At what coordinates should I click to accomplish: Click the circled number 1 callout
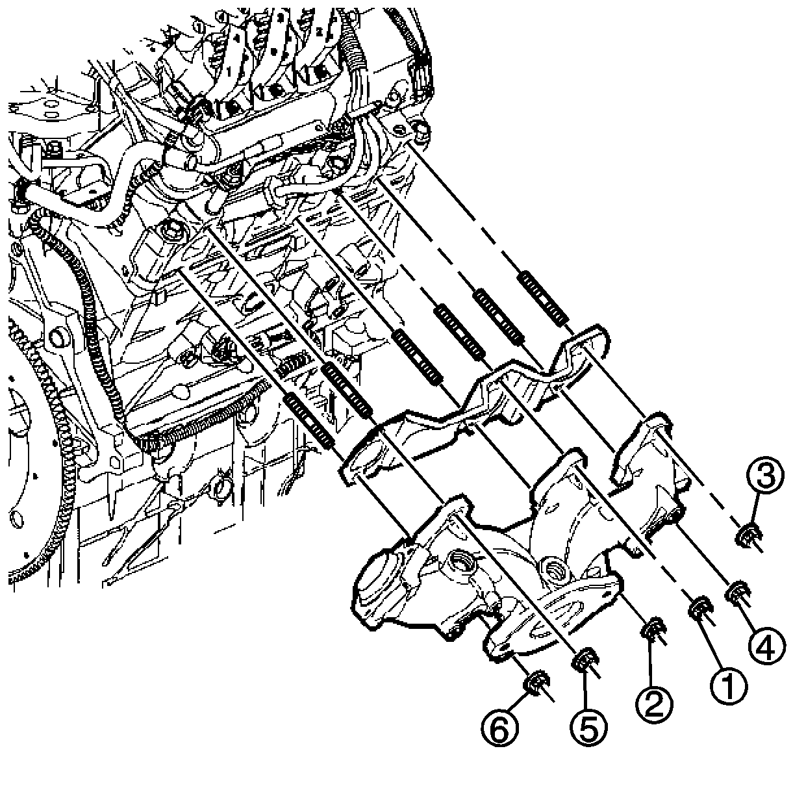click(729, 685)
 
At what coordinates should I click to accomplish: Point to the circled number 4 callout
click(766, 645)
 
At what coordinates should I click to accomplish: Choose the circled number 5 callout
click(588, 730)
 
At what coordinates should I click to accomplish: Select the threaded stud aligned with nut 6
click(309, 421)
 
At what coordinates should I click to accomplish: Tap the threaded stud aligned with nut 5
click(347, 389)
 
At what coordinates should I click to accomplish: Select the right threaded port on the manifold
click(554, 570)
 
